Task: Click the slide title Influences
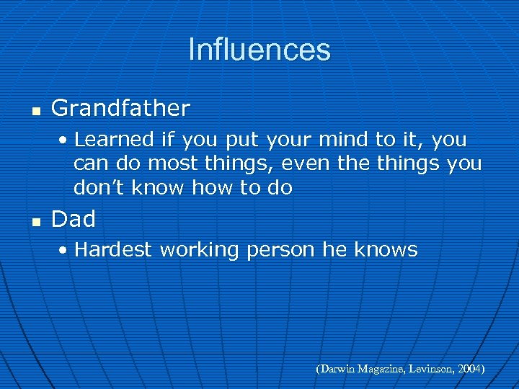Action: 259,50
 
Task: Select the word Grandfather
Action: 120,109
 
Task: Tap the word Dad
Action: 74,218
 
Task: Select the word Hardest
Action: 113,250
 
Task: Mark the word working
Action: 199,251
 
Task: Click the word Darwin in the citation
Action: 337,369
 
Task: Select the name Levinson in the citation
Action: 429,369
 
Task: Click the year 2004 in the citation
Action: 469,369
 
